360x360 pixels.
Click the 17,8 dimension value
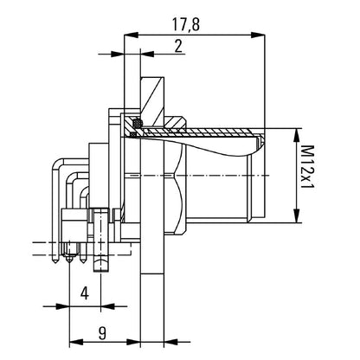tap(186, 24)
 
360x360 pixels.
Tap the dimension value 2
tap(178, 46)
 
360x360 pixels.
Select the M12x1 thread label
tap(307, 166)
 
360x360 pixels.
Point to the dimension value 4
tap(85, 293)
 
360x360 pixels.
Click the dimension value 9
tap(102, 333)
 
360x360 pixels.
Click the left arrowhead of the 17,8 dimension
tap(131, 35)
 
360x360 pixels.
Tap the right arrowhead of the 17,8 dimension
tap(258, 35)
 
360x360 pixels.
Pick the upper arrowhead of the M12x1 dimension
tap(297, 135)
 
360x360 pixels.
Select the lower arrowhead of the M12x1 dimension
tap(297, 215)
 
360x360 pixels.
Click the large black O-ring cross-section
tap(137, 123)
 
